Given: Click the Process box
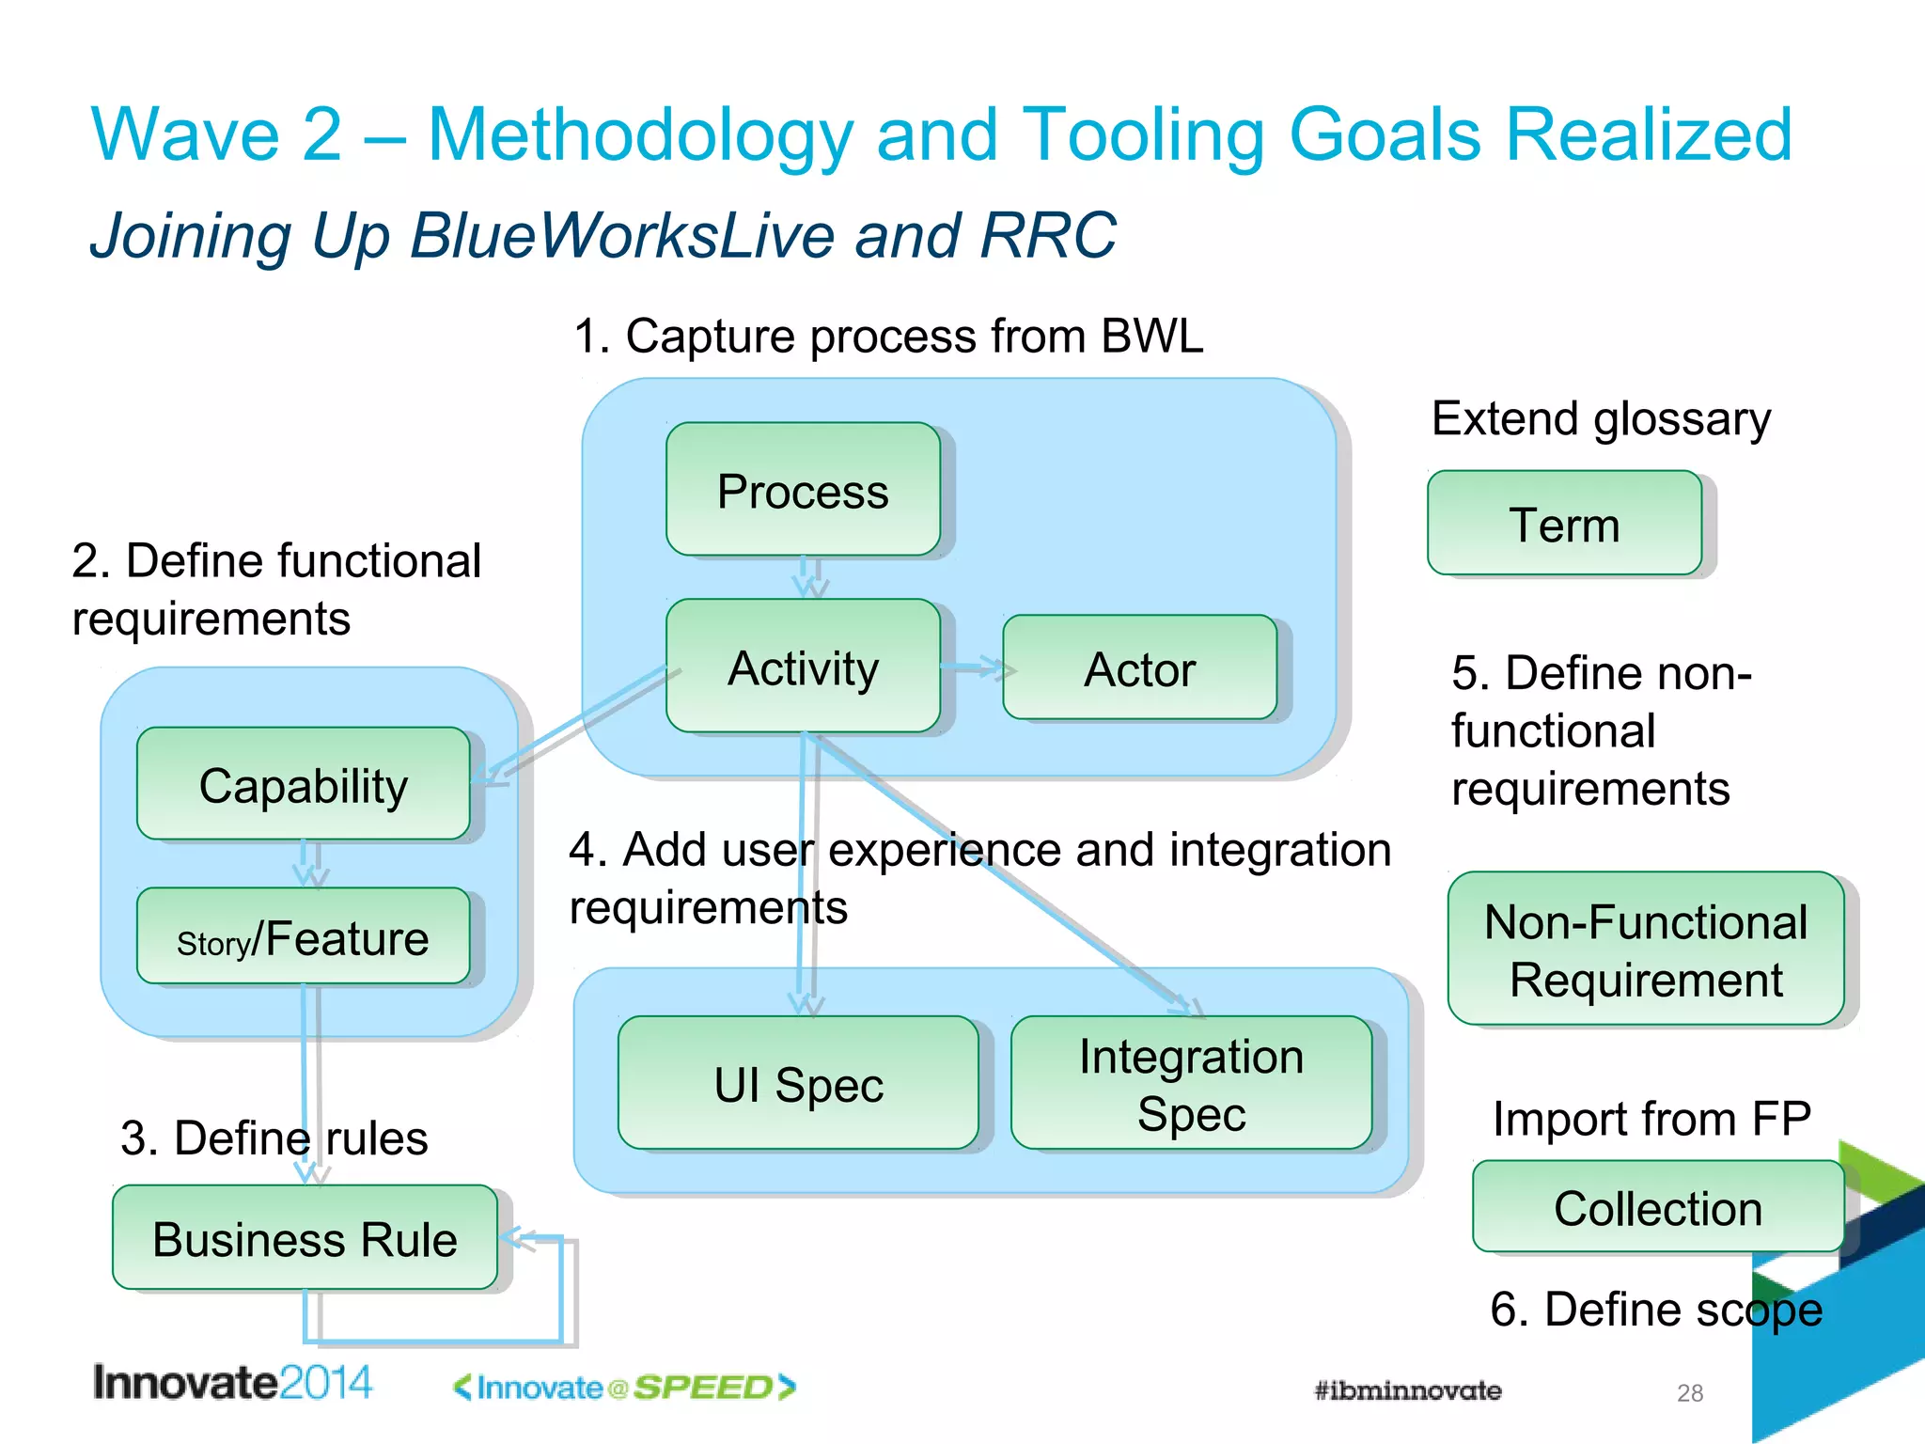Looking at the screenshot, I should coord(803,490).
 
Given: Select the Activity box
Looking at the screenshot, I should coord(803,667).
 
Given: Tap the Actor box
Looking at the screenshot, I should coord(1139,668).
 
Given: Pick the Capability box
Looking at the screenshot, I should coord(303,784).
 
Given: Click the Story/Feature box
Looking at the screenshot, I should coord(303,937).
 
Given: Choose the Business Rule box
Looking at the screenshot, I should coord(305,1237).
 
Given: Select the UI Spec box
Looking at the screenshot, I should coord(798,1083).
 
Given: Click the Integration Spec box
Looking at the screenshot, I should coord(1191,1083).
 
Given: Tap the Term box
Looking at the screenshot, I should coord(1564,524).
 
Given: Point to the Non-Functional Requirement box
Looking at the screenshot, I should coord(1645,950).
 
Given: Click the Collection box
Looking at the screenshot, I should coord(1657,1207).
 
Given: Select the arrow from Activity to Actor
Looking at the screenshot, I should coord(976,668).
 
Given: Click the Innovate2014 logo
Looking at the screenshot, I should coord(232,1383).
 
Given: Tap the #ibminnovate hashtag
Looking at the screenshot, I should coord(1407,1390).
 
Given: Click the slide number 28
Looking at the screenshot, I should coord(1689,1392).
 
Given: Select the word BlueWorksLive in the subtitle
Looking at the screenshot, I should coord(621,235).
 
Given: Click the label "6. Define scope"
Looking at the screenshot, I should coord(1655,1309).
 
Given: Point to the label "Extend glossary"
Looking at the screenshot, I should coord(1601,418).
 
